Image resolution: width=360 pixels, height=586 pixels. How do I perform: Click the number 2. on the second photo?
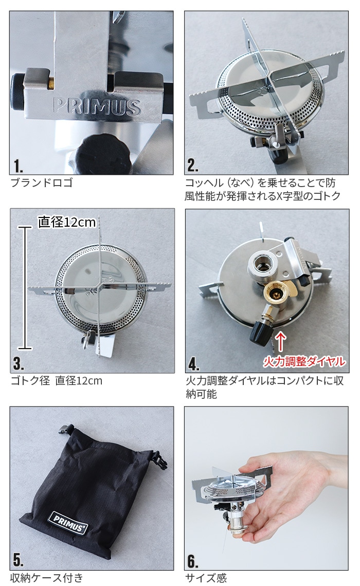point(193,166)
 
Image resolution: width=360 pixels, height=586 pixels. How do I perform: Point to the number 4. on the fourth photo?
point(193,363)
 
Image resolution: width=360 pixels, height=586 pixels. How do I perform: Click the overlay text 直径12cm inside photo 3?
point(67,222)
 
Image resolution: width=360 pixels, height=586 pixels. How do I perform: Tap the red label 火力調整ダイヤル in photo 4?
point(304,361)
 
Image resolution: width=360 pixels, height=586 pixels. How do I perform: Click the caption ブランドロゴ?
point(42,182)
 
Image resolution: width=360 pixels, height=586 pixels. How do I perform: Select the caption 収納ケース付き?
point(47,578)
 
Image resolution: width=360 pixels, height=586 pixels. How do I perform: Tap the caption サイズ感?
point(206,578)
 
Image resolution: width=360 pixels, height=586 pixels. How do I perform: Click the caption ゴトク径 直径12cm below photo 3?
point(57,381)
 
